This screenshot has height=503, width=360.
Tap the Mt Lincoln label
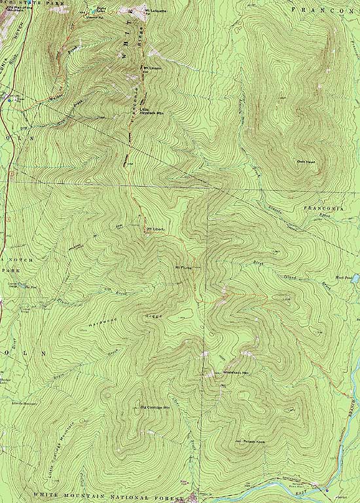point(151,67)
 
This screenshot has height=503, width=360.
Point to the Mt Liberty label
point(154,229)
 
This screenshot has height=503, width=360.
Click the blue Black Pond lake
point(355,278)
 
